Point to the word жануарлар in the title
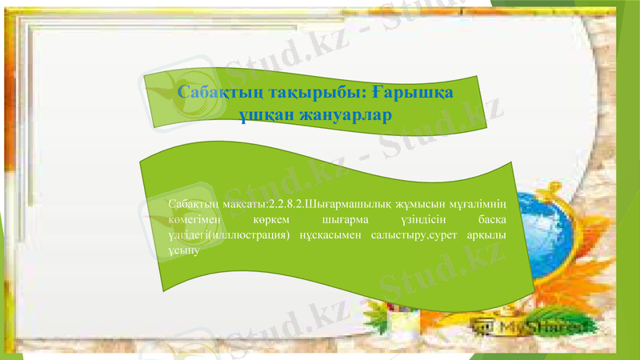(345, 116)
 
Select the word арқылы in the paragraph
(491, 234)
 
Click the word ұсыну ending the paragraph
(183, 249)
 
